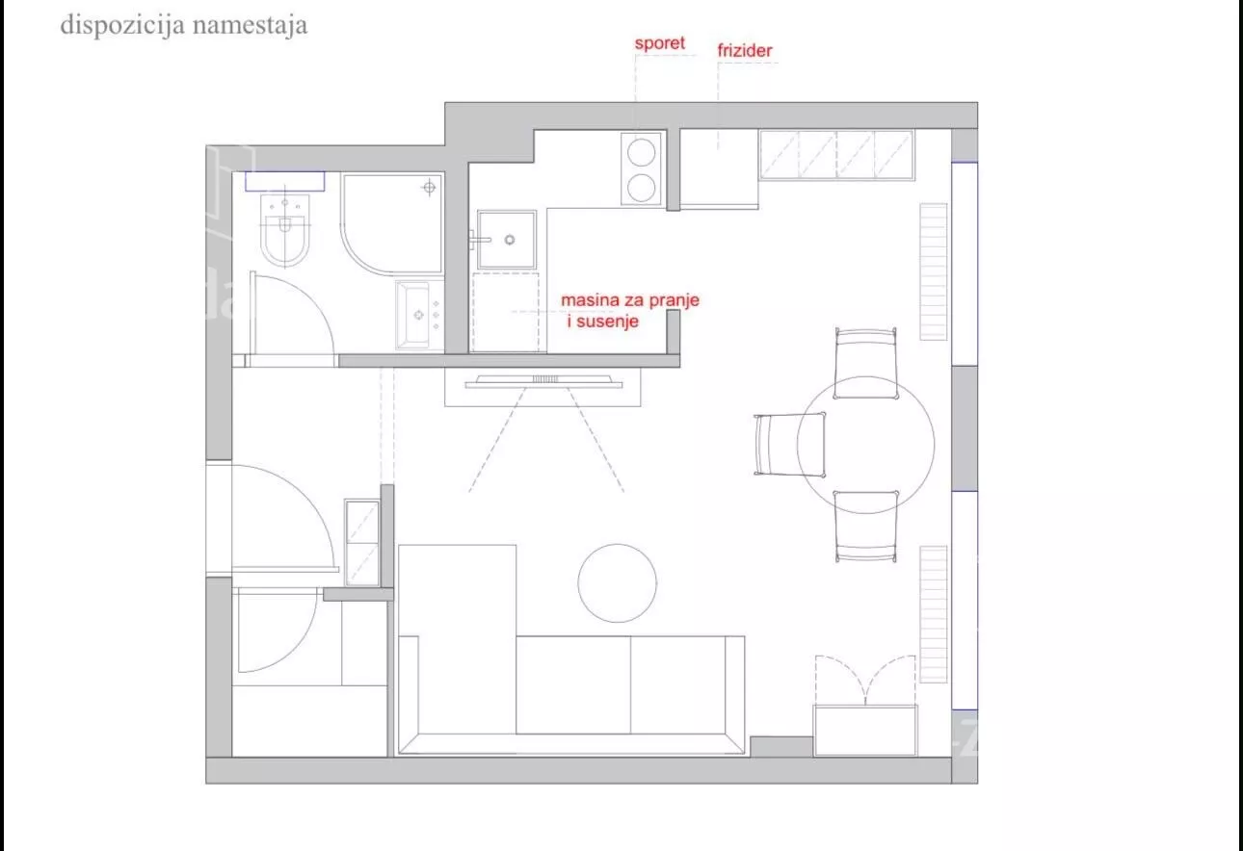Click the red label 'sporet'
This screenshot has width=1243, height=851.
click(x=660, y=43)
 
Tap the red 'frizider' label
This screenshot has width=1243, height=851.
click(x=745, y=50)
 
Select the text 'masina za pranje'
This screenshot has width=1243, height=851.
click(x=630, y=300)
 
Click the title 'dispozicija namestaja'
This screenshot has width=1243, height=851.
click(x=184, y=25)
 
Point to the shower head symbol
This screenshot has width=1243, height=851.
click(x=429, y=188)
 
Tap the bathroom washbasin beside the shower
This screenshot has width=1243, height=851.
click(x=419, y=316)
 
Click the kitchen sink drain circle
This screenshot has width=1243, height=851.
click(x=510, y=240)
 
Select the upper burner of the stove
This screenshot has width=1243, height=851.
click(x=641, y=152)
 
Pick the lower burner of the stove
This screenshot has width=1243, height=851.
click(x=641, y=188)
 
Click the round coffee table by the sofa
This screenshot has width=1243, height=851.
click(x=617, y=583)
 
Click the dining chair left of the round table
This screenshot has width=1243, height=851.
click(x=789, y=445)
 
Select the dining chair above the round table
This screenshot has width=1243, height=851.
click(x=865, y=363)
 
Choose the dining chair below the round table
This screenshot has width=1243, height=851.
click(x=865, y=527)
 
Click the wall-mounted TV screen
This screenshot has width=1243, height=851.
click(x=543, y=381)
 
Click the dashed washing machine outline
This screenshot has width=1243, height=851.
click(x=506, y=312)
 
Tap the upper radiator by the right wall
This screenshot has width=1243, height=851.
click(x=934, y=271)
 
